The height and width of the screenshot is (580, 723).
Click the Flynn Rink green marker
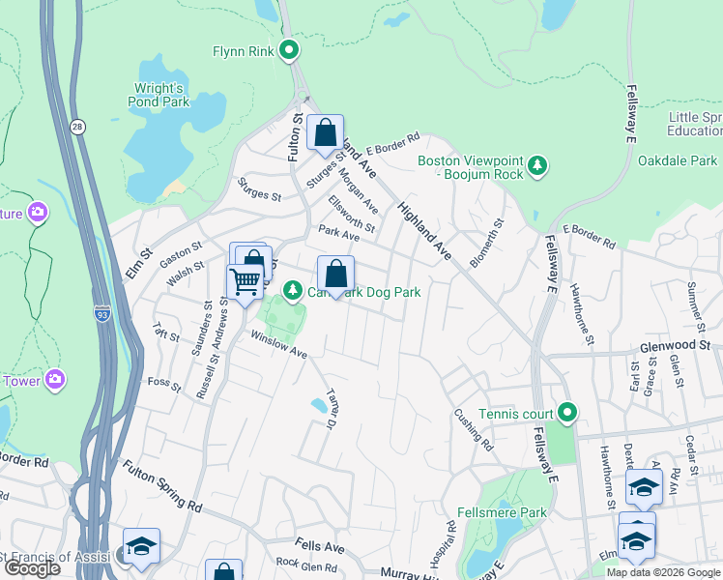pyautogui.click(x=288, y=50)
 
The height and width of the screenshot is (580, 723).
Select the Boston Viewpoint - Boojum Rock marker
pyautogui.click(x=538, y=168)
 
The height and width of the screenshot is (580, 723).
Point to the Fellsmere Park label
pyautogui.click(x=507, y=512)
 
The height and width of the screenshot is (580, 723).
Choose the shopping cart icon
pyautogui.click(x=245, y=282)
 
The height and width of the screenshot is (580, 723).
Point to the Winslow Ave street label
pyautogui.click(x=278, y=345)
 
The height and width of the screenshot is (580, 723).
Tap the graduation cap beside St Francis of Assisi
pyautogui.click(x=141, y=546)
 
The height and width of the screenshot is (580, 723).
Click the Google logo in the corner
pyautogui.click(x=31, y=567)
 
